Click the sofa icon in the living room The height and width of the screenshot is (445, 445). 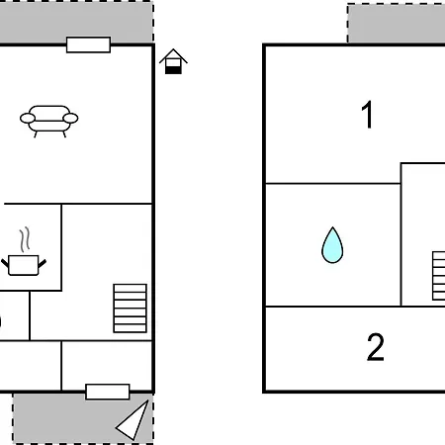click(49, 122)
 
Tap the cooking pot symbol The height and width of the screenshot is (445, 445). click(24, 265)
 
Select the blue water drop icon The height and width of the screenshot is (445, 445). click(332, 245)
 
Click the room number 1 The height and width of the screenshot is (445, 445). click(367, 115)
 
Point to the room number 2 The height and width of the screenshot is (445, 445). click(376, 347)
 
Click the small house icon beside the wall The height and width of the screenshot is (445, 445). click(173, 61)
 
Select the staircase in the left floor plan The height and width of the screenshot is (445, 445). click(130, 309)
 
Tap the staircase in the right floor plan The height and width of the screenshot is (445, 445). click(439, 276)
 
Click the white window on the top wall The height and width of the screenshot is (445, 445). click(88, 44)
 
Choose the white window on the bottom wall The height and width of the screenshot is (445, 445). click(108, 392)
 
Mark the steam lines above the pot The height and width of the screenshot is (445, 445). click(25, 239)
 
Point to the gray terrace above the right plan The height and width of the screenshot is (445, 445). click(397, 23)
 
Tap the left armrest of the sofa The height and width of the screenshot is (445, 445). click(28, 118)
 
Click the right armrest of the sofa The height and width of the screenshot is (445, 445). click(70, 118)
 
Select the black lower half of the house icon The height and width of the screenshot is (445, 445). click(173, 70)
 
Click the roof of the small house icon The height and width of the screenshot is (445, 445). click(173, 55)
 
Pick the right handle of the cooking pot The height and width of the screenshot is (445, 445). click(43, 263)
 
